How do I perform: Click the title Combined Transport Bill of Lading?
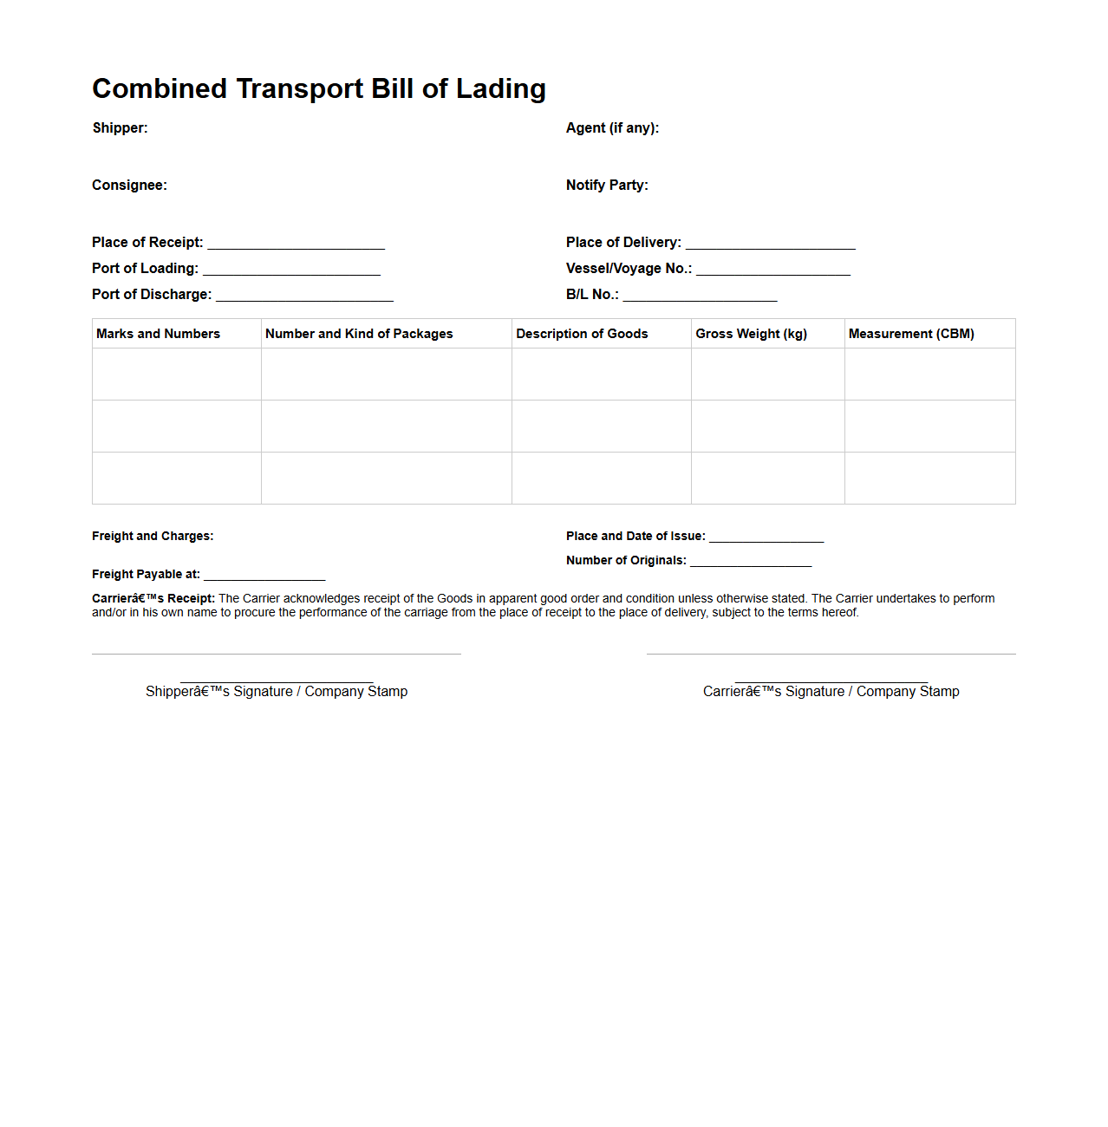pyautogui.click(x=319, y=88)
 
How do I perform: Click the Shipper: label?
pyautogui.click(x=120, y=128)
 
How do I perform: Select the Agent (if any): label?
pyautogui.click(x=612, y=128)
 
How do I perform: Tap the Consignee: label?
pyautogui.click(x=129, y=186)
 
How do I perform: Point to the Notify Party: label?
pyautogui.click(x=607, y=186)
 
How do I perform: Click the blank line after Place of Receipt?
pyautogui.click(x=296, y=244)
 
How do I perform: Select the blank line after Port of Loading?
pyautogui.click(x=291, y=270)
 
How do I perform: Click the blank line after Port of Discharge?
pyautogui.click(x=304, y=296)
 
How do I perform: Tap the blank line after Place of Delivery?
pyautogui.click(x=770, y=244)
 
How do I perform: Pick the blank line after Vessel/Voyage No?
pyautogui.click(x=772, y=270)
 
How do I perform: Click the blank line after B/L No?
pyautogui.click(x=700, y=296)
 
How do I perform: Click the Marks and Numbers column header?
pyautogui.click(x=158, y=334)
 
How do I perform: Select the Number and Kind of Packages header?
pyautogui.click(x=359, y=334)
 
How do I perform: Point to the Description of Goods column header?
pyautogui.click(x=582, y=334)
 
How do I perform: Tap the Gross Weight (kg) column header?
pyautogui.click(x=751, y=334)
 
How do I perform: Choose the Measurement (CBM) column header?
pyautogui.click(x=911, y=334)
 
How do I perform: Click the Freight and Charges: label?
pyautogui.click(x=153, y=537)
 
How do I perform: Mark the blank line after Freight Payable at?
pyautogui.click(x=264, y=577)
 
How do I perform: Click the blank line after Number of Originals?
pyautogui.click(x=751, y=563)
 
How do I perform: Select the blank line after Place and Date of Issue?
pyautogui.click(x=766, y=538)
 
